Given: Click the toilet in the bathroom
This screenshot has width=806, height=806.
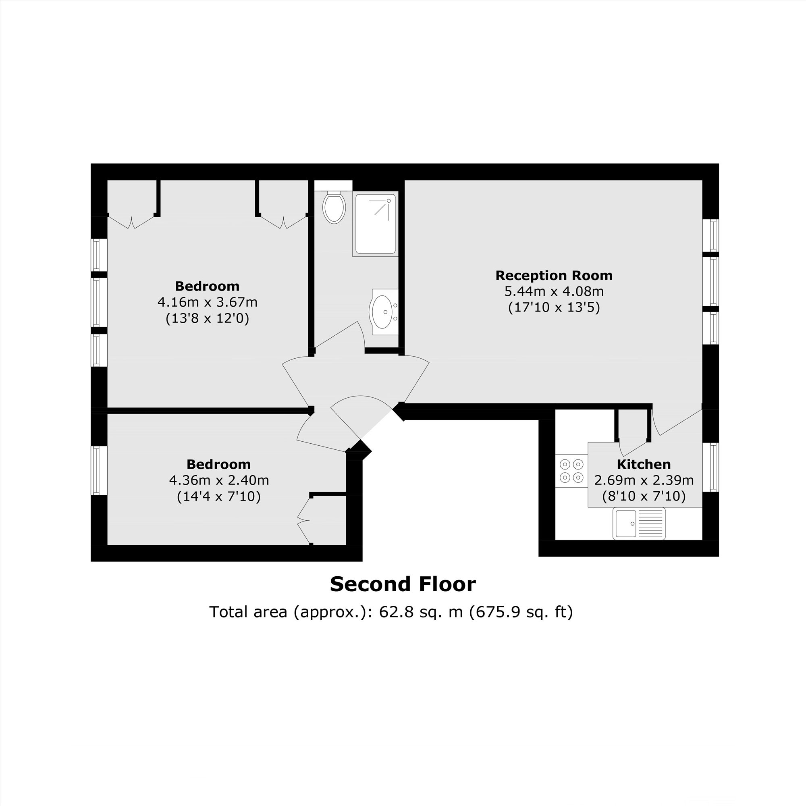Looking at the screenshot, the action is click(334, 207).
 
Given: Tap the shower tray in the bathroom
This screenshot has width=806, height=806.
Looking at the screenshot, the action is click(375, 224).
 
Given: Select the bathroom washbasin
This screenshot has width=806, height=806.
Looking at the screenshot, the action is click(384, 312).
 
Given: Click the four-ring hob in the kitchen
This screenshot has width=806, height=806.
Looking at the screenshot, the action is click(571, 471).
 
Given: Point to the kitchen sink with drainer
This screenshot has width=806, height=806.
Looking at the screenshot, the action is click(639, 523).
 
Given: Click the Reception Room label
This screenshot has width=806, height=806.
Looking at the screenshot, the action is click(554, 276).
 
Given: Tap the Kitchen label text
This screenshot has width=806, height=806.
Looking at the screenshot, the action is click(644, 464).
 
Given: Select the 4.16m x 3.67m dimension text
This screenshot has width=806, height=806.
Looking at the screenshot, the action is click(207, 302).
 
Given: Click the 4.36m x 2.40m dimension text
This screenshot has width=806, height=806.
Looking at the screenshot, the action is click(219, 481).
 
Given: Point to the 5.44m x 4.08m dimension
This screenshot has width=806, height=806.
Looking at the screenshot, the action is click(554, 291).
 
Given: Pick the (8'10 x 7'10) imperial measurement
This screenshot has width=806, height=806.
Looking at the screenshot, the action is click(644, 496).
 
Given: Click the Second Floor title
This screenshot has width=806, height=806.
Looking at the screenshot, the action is click(403, 584).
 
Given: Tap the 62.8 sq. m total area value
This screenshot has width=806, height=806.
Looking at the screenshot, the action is click(421, 612).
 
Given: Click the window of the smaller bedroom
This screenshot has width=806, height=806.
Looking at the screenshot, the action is click(98, 471).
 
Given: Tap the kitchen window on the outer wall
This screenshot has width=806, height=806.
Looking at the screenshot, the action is click(710, 467).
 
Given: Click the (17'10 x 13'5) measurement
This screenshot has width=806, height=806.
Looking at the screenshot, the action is click(554, 307).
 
